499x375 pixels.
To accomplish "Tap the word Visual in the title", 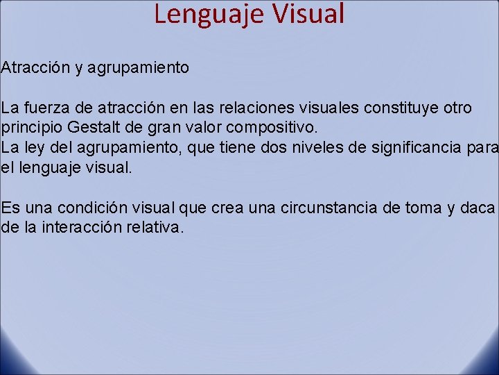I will point(303,13).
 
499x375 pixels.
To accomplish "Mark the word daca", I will point(480,208).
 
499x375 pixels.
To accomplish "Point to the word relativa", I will point(159,227).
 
